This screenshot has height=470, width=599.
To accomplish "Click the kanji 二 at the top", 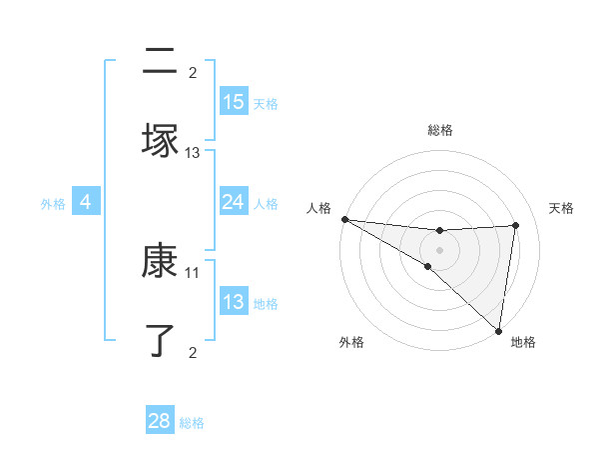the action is coord(160,62).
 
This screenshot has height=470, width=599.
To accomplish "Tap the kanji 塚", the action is coord(160,141).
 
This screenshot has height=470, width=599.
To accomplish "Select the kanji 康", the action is coord(160,261).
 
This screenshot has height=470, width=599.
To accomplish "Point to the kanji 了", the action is coord(160,340).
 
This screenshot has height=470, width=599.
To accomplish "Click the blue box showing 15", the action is coord(234,102).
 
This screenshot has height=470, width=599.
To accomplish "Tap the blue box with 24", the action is coord(234,202).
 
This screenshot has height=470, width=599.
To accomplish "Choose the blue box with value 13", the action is coord(234,302).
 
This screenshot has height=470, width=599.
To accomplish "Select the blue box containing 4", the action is coord(86,202).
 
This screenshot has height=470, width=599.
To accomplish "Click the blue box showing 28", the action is coord(160,421).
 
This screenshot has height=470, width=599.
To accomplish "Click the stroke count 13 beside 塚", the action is coord(193,153).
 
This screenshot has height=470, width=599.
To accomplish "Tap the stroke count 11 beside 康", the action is coord(193,272).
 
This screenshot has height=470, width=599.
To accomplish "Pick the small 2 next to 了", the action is coord(193,352).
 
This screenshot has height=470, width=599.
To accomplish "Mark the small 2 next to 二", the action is coord(193,73).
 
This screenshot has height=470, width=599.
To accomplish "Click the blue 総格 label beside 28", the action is coord(193,423).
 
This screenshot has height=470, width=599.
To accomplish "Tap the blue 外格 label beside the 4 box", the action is coord(53,204).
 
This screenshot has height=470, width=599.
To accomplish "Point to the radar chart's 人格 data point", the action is coord(344,219).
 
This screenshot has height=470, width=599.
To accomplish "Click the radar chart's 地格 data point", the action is coord(498,329).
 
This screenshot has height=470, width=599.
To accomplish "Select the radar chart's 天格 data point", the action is coord(515,225).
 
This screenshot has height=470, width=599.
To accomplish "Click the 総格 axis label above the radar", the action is coord(440,130).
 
